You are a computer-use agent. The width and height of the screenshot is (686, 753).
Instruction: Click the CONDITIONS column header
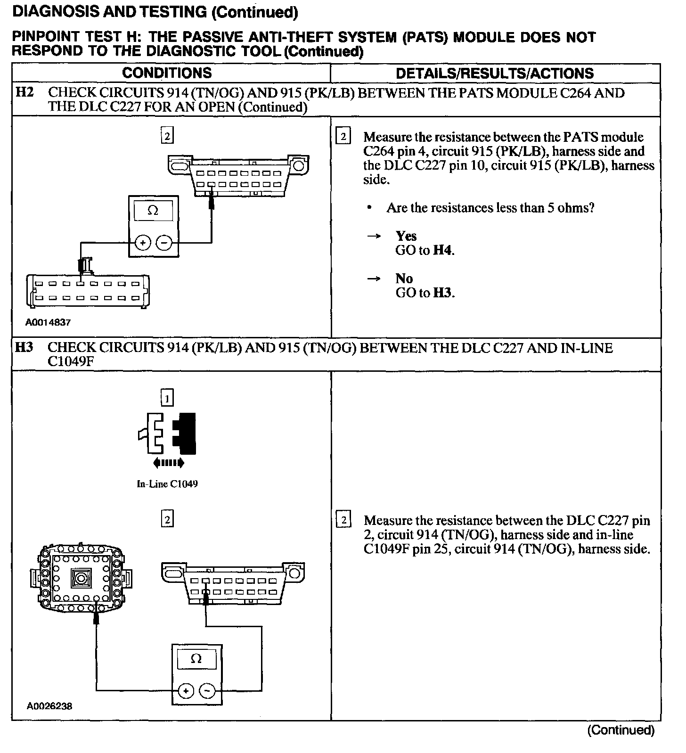click(167, 73)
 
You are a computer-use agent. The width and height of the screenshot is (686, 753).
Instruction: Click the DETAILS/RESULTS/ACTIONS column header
click(495, 74)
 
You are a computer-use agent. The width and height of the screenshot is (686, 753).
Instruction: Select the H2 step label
click(24, 92)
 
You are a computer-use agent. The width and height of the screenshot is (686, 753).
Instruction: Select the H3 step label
click(24, 348)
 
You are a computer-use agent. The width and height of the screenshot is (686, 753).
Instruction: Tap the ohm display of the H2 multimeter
click(153, 211)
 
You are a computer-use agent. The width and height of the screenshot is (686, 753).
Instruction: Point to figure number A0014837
click(48, 322)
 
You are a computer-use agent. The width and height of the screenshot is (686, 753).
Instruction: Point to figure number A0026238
click(49, 706)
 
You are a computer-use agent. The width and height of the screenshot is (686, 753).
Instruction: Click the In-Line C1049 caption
click(167, 484)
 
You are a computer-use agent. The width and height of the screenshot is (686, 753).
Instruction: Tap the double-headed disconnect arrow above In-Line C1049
click(169, 463)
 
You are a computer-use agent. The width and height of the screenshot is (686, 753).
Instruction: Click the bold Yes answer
click(406, 236)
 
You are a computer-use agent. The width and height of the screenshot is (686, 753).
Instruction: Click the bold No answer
click(404, 278)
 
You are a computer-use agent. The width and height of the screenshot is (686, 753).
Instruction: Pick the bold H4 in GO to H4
click(443, 250)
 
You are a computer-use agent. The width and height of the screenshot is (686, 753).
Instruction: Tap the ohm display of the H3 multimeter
click(196, 658)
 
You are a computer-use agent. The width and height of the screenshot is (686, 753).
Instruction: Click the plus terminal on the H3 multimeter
click(186, 691)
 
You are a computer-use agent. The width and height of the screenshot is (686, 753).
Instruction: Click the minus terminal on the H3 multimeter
click(207, 691)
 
